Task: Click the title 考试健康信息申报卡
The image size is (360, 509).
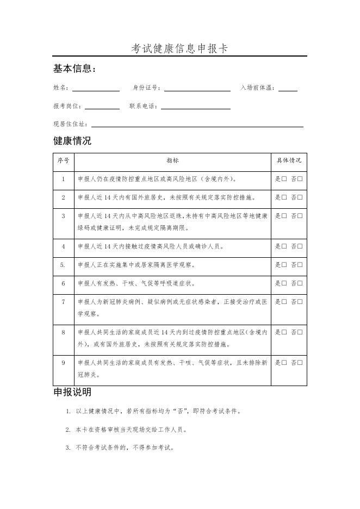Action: (x=179, y=48)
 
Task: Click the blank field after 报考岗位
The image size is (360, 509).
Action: (x=102, y=107)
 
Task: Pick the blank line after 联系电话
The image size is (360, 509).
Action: (x=195, y=107)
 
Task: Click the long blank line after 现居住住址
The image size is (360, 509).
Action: (x=197, y=125)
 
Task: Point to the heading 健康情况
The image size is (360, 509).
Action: (x=72, y=141)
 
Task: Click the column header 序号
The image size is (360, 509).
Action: (x=63, y=161)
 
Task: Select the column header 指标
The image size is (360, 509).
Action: (x=172, y=161)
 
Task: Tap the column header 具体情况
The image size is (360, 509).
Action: (x=289, y=161)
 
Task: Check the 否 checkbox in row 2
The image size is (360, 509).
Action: (x=300, y=197)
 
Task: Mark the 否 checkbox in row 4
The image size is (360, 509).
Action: (x=300, y=246)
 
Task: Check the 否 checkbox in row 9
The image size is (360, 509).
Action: (x=300, y=363)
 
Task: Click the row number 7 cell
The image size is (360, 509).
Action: (x=63, y=302)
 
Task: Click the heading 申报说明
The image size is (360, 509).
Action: (x=72, y=392)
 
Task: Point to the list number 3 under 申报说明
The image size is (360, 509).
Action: (x=69, y=448)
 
